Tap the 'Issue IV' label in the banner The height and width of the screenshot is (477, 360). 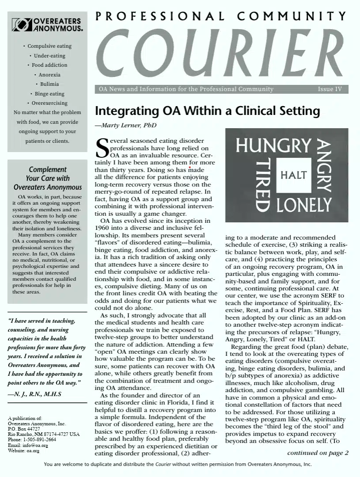pos(330,89)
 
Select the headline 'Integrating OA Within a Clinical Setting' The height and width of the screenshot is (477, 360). pos(207,111)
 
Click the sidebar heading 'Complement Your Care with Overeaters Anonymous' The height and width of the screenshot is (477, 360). pos(48,178)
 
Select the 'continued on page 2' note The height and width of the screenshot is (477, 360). pos(318,453)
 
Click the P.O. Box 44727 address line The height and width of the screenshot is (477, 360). pos(24,429)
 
